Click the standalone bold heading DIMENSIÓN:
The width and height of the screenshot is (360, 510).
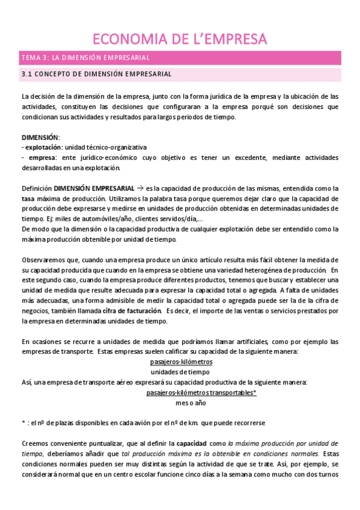tap(40, 138)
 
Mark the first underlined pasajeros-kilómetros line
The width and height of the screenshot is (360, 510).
tap(181, 362)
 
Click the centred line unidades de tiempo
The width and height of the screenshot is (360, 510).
tap(181, 372)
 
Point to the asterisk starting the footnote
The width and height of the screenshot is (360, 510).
tap(23, 423)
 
